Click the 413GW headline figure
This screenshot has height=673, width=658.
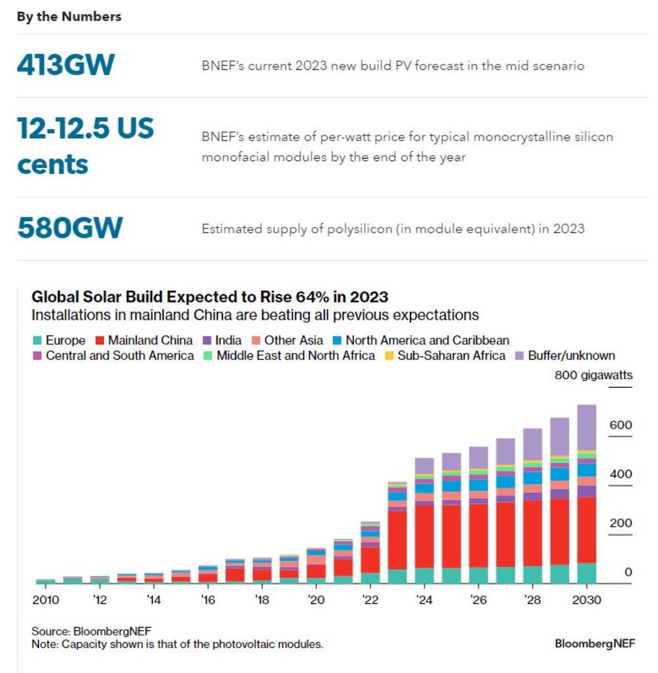66,65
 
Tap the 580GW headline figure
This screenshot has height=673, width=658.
70,228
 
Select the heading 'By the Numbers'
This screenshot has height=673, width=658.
69,17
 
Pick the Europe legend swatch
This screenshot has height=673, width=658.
38,341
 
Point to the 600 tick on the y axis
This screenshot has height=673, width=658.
620,426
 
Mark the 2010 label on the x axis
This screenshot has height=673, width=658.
45,600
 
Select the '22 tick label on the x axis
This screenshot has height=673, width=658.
370,600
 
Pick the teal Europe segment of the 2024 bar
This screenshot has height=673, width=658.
424,576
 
